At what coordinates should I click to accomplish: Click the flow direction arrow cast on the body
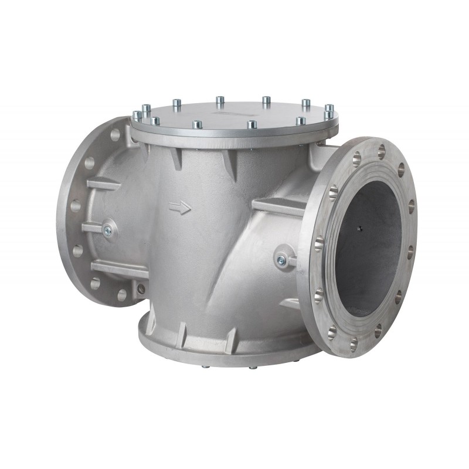(180, 207)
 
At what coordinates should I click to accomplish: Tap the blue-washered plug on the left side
(107, 231)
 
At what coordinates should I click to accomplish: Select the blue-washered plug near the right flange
(283, 260)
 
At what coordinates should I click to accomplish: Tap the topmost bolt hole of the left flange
(115, 135)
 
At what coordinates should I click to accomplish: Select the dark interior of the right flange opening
(369, 252)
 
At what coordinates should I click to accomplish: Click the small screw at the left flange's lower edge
(141, 288)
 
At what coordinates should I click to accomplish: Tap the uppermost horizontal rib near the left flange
(103, 183)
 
